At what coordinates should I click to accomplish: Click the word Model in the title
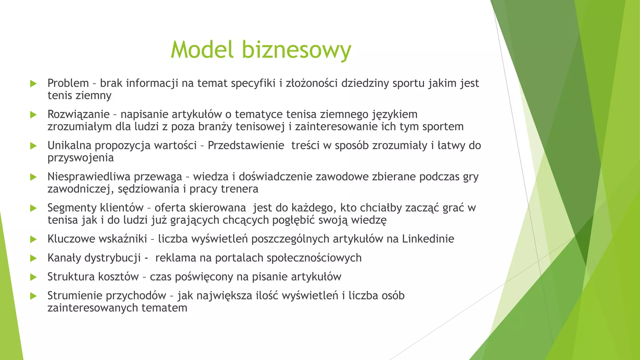coord(202,49)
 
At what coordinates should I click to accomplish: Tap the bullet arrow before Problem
coord(33,83)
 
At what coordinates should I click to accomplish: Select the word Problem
coord(68,83)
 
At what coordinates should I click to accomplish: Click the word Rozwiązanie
coord(78,114)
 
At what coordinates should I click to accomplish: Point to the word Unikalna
coord(69,145)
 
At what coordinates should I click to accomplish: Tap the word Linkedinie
coord(428,239)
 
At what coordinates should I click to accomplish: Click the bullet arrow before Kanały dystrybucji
coord(33,258)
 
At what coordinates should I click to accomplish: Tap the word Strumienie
coord(75,295)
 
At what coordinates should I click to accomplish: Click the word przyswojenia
coord(80,158)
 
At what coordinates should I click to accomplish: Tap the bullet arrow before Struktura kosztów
coord(33,277)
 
